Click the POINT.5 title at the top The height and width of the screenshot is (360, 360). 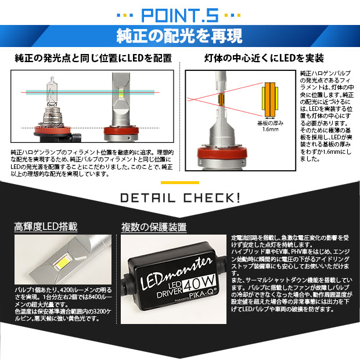[179, 13]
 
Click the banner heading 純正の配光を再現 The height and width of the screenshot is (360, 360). [179, 36]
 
